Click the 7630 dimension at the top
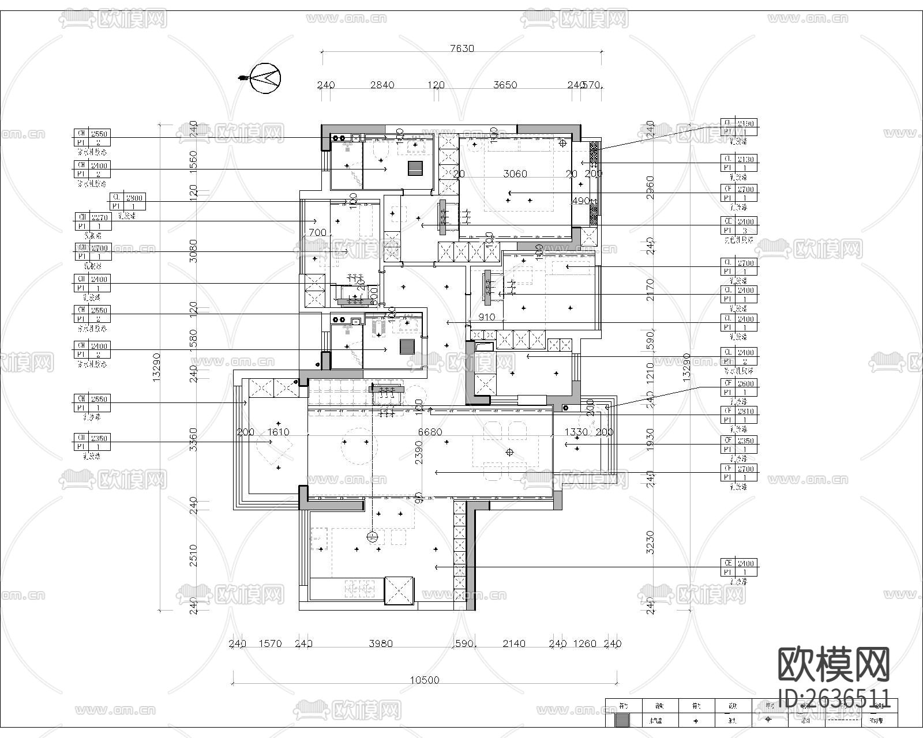(x=461, y=48)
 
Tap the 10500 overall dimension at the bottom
(x=424, y=680)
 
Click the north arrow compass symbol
(x=265, y=77)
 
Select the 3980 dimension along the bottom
(x=380, y=643)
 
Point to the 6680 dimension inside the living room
(x=430, y=432)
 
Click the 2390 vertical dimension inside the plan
(x=419, y=453)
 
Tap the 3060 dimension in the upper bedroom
(x=515, y=174)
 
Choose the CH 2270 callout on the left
(x=92, y=217)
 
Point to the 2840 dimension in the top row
(x=382, y=85)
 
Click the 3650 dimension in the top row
(x=505, y=85)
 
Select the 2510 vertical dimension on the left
(x=193, y=555)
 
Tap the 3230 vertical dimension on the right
(x=650, y=542)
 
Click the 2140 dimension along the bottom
(x=513, y=643)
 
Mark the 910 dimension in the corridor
(x=486, y=317)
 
